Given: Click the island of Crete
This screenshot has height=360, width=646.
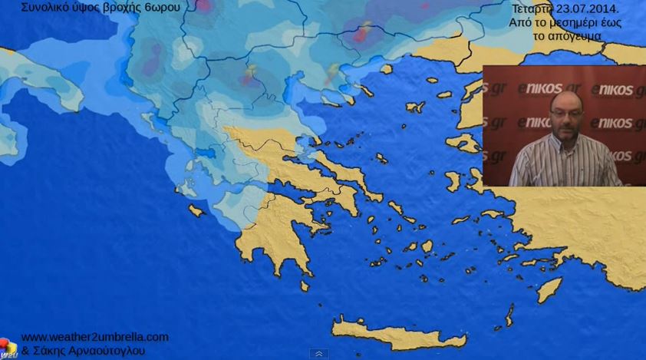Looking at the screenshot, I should coord(399,335).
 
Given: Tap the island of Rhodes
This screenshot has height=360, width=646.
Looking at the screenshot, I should coord(549,289).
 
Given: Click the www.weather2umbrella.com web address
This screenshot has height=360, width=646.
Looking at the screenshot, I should coord(94,336).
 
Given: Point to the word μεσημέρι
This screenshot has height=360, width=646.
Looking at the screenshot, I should coord(572,23).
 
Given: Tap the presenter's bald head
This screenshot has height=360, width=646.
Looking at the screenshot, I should coord(566,97).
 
